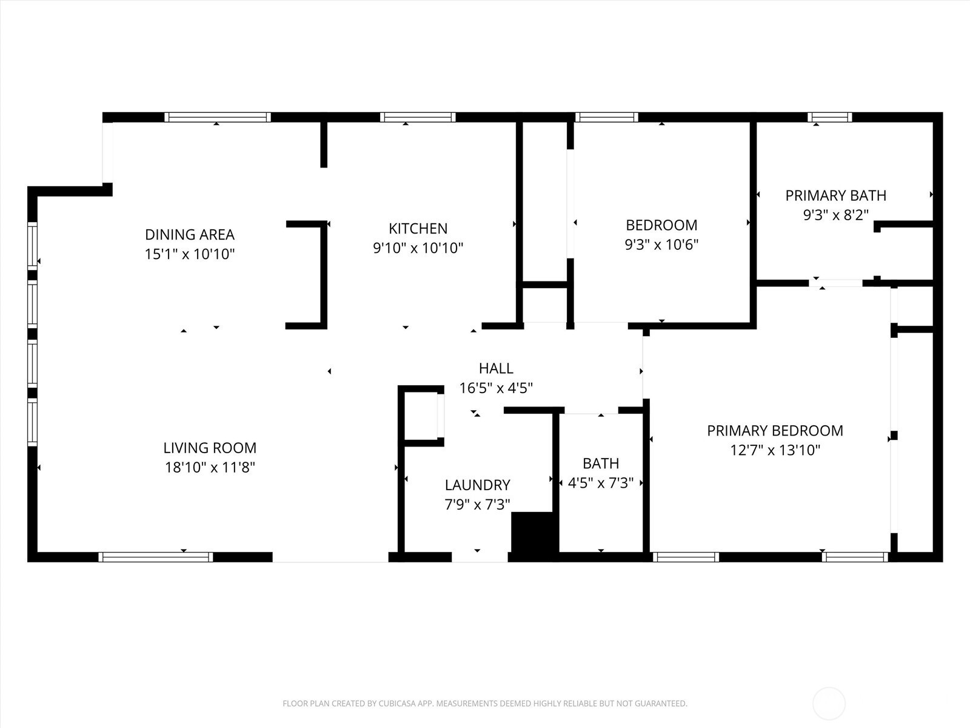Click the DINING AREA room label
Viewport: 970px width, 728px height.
click(x=190, y=234)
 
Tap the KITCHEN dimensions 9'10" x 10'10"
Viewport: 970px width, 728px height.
click(x=418, y=248)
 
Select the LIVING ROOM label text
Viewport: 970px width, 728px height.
click(x=210, y=448)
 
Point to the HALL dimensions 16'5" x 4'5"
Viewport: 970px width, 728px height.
click(x=496, y=388)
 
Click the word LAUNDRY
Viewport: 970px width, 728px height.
click(x=477, y=485)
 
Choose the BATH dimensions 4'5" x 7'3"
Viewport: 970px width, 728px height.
click(x=601, y=483)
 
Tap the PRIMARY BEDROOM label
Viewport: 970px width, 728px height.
click(x=775, y=431)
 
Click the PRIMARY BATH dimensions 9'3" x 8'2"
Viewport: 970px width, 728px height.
click(x=835, y=215)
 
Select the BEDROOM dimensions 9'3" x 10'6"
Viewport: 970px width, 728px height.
click(x=661, y=244)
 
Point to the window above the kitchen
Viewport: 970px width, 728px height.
click(x=418, y=117)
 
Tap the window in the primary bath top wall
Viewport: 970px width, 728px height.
click(x=830, y=117)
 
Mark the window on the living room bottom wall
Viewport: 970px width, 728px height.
click(x=156, y=557)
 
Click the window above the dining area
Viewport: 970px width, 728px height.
click(x=218, y=117)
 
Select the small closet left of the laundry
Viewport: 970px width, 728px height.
click(x=421, y=416)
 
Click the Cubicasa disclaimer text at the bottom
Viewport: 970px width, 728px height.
click(x=485, y=703)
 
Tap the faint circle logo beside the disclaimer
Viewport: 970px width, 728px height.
click(x=829, y=703)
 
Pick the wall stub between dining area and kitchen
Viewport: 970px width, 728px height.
click(x=324, y=144)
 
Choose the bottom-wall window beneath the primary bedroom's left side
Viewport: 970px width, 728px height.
click(x=686, y=557)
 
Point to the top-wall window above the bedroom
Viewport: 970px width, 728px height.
click(x=607, y=117)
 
